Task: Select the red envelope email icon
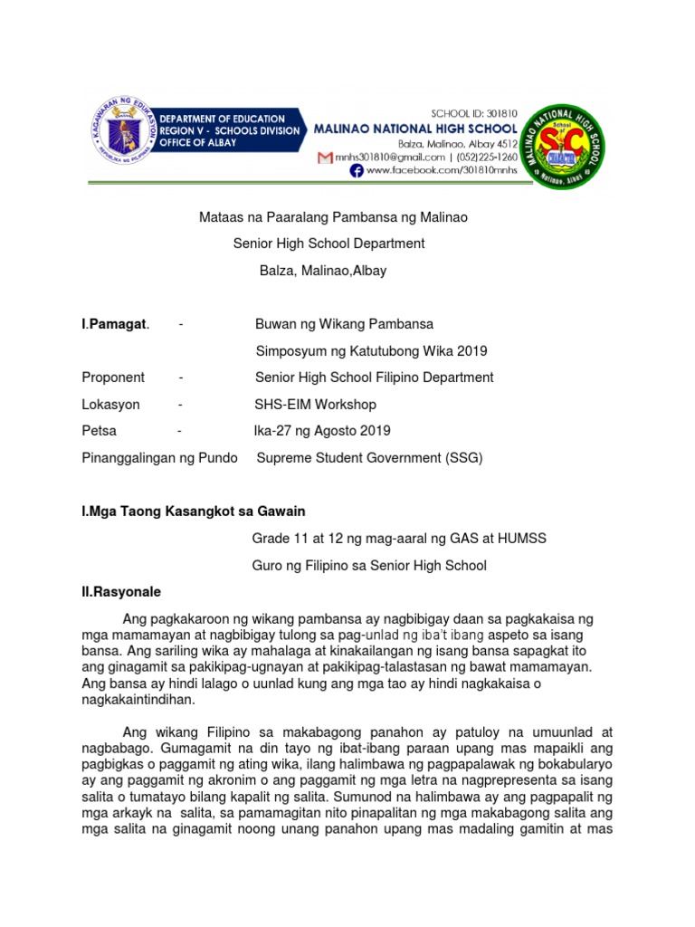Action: point(325,158)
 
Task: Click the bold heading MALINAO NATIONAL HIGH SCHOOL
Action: point(415,129)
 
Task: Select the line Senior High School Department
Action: point(328,244)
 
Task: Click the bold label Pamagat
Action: point(116,324)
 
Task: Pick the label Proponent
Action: point(113,377)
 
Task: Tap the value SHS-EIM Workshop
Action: point(315,405)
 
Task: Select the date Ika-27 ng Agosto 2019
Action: point(323,431)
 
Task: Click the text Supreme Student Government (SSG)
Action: point(369,458)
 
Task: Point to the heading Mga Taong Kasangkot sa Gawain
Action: point(200,512)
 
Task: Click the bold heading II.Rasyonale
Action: point(121,592)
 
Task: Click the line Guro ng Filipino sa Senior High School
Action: point(368,566)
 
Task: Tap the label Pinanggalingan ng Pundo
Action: point(159,458)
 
